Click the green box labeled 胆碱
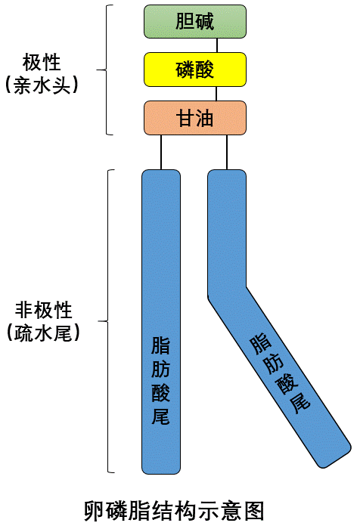point(195,21)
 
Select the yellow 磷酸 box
point(195,70)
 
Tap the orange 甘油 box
point(195,118)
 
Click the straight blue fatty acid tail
point(161,249)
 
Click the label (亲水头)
point(42,85)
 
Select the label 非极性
point(42,310)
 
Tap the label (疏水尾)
point(42,333)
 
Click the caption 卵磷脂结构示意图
point(175,508)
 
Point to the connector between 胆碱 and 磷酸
point(216,45)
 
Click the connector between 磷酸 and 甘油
point(216,93)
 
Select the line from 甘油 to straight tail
point(161,153)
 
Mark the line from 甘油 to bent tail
point(227,153)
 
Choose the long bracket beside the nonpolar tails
point(110,321)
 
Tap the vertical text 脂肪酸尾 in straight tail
point(160,382)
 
